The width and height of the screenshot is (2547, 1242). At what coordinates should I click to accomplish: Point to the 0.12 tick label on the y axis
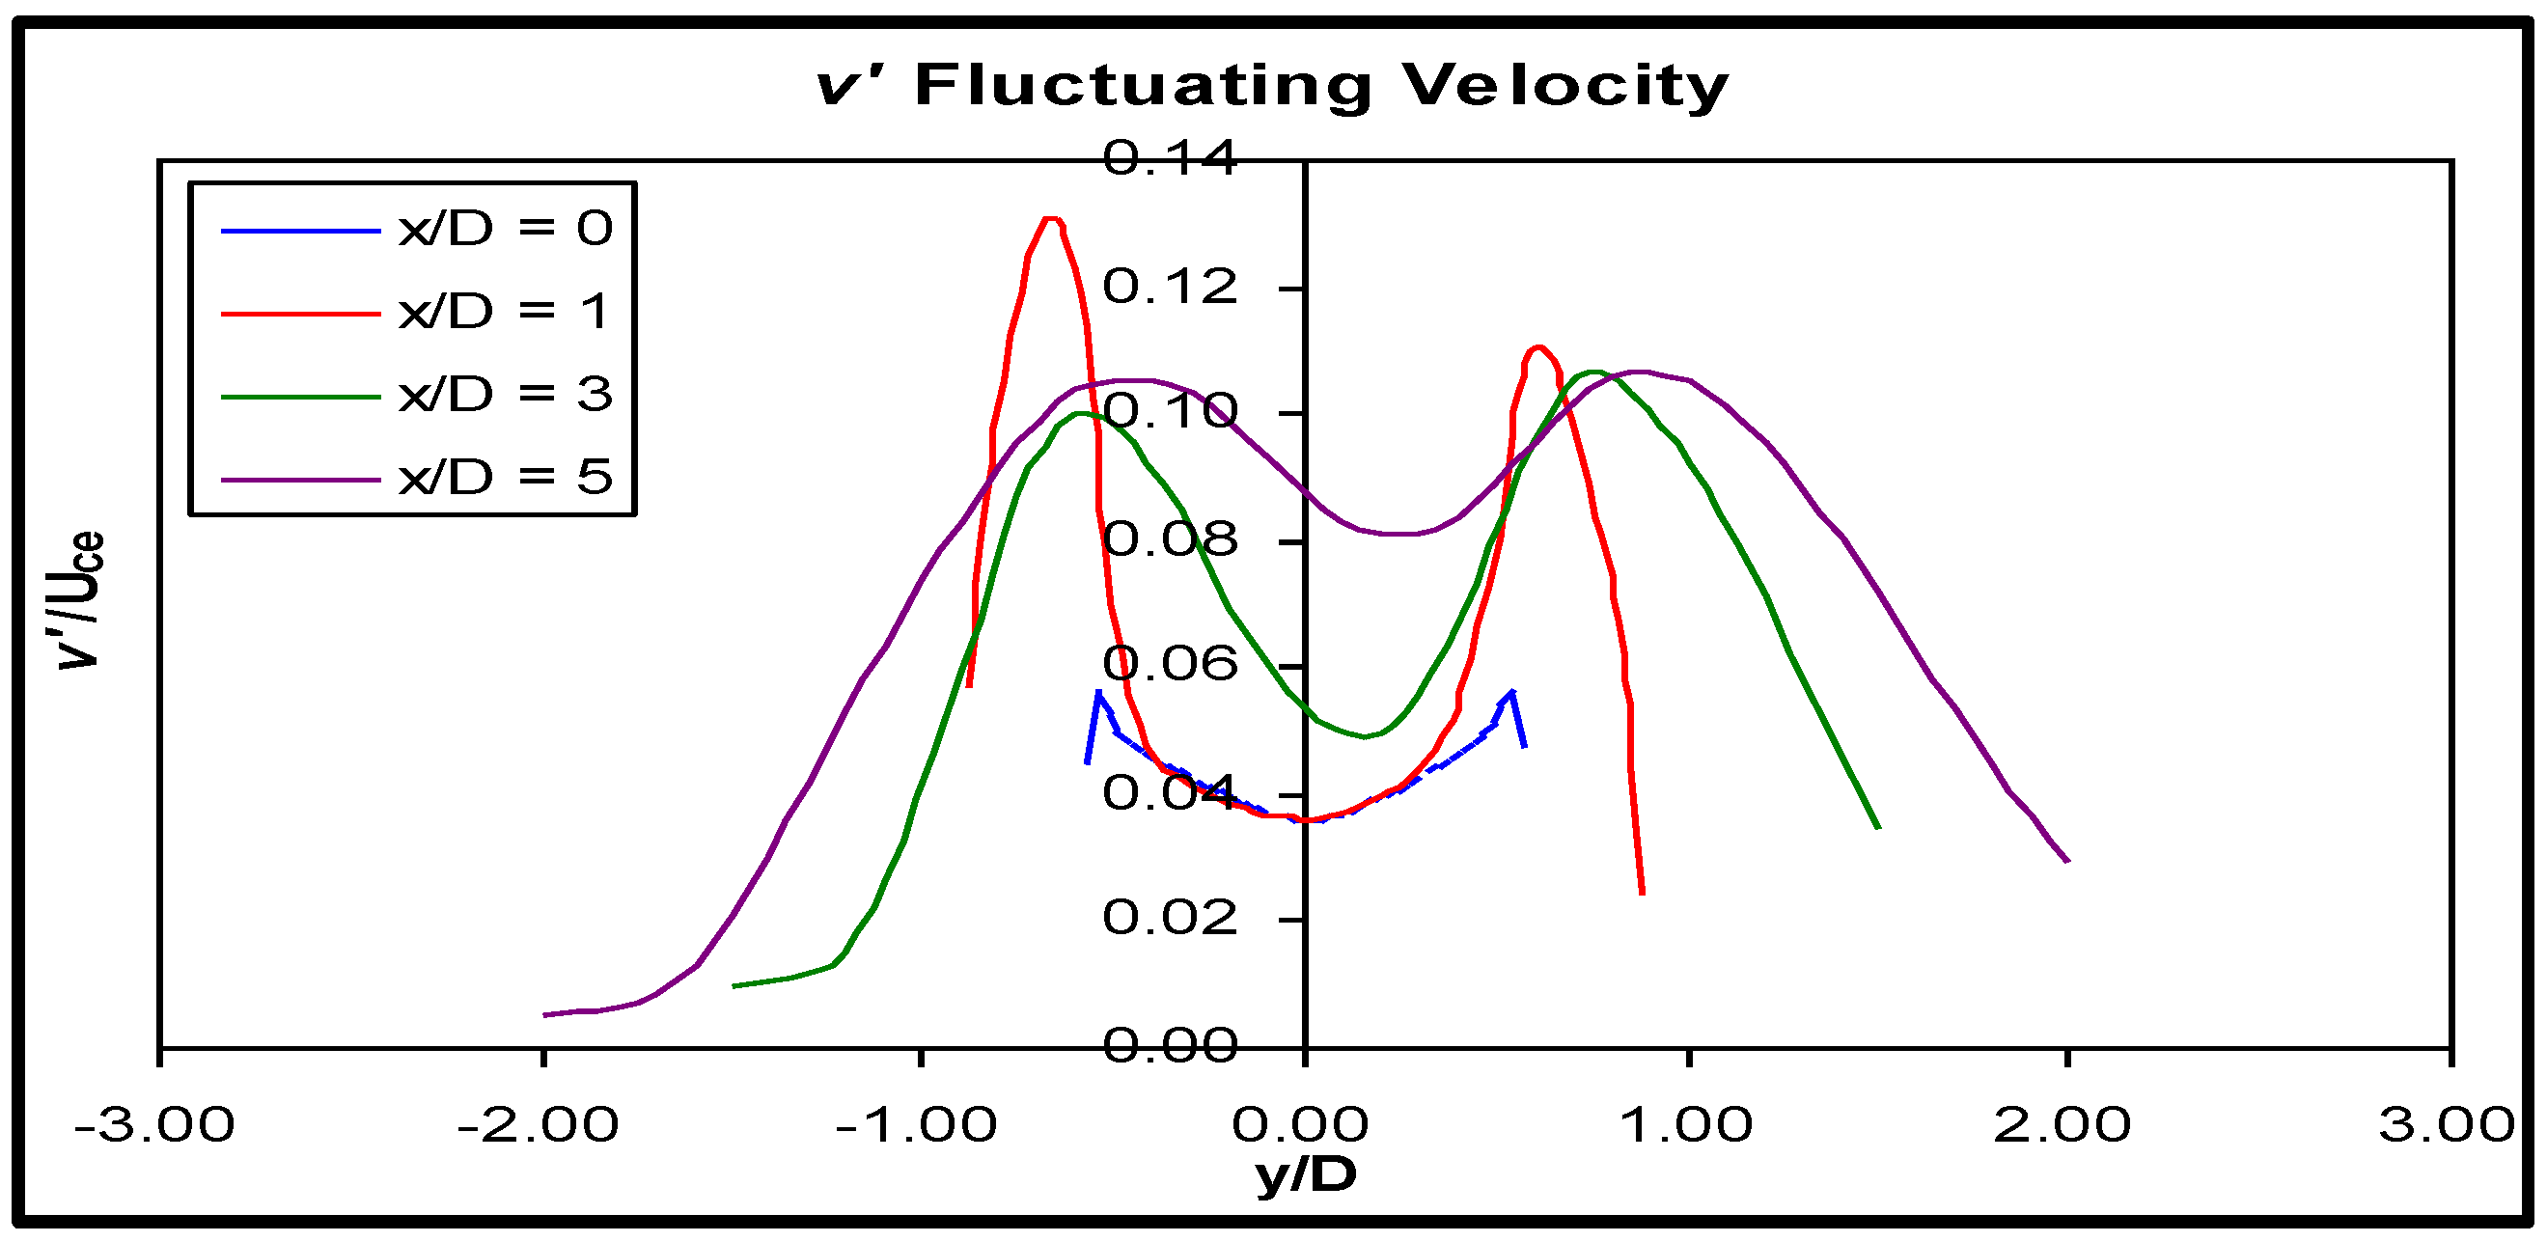pos(1170,288)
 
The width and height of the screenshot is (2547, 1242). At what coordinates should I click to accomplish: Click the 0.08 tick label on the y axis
pos(1170,539)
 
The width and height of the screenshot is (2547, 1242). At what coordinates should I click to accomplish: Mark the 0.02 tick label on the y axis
pos(1170,918)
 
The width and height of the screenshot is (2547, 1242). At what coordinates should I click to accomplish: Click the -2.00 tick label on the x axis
pos(539,1125)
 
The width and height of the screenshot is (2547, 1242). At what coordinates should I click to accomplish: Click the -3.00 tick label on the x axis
pos(155,1125)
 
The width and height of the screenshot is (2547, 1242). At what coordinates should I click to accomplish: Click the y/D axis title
pos(1306,1174)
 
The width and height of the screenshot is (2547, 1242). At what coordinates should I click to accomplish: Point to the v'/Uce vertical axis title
pos(79,600)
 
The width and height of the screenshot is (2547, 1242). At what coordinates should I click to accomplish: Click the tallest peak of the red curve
pos(1051,219)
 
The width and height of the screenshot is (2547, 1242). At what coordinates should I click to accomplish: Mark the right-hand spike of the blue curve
pos(1511,692)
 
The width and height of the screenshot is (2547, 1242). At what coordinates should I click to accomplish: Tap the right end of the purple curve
pos(2067,860)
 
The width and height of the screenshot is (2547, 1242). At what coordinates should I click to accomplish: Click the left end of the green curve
pos(734,985)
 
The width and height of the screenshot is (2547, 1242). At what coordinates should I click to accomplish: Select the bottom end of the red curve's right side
pos(1643,892)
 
